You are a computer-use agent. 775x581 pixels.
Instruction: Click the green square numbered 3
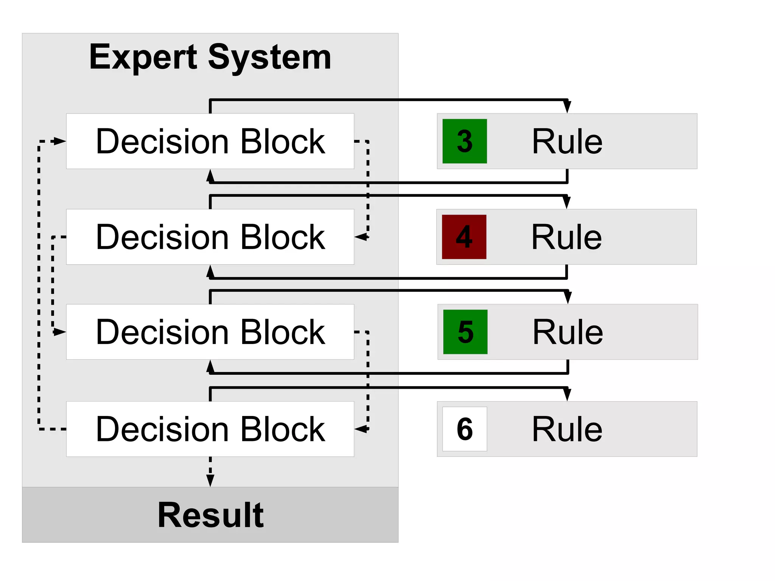[x=464, y=141]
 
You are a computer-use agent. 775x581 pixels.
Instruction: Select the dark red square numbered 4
[x=464, y=237]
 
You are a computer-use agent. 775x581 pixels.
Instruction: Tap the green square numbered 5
[x=465, y=332]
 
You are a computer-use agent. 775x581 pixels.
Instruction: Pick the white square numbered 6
[x=464, y=429]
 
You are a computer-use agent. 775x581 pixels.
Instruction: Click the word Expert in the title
[x=143, y=58]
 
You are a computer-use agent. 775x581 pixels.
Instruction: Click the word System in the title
[x=269, y=58]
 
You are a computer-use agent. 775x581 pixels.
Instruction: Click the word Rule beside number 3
[x=567, y=142]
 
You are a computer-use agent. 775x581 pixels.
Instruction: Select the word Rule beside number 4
[x=566, y=237]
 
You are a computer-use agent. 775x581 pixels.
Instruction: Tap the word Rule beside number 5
[x=568, y=332]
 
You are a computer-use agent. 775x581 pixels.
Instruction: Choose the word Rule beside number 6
[x=567, y=429]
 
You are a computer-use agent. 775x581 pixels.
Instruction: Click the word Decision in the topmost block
[x=162, y=142]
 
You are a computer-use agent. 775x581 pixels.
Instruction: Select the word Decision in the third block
[x=162, y=332]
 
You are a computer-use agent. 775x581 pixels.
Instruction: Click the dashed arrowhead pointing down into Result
[x=210, y=481]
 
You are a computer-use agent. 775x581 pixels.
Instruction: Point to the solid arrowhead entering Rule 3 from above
[x=567, y=107]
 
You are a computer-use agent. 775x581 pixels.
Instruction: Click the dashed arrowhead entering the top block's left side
[x=60, y=141]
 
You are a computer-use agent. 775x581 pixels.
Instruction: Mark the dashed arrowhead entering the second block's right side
[x=361, y=237]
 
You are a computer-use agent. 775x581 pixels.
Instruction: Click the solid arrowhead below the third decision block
[x=210, y=366]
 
